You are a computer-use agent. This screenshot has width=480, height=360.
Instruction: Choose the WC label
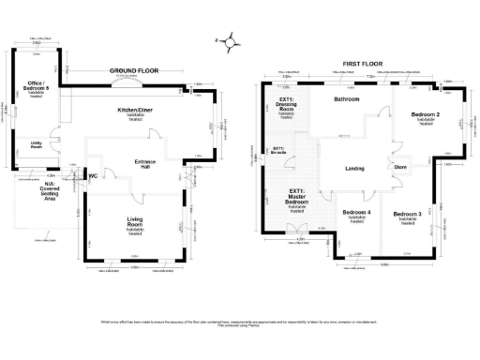click(94, 175)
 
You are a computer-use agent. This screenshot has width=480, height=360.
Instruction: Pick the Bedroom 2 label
click(426, 117)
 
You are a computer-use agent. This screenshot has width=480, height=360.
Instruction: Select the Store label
click(399, 169)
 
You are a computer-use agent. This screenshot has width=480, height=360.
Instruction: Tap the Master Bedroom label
click(296, 200)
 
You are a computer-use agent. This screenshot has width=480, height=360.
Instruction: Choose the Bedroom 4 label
click(356, 215)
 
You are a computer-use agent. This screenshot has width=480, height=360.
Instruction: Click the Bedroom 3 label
click(408, 215)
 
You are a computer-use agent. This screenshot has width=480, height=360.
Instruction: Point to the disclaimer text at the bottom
click(240, 324)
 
